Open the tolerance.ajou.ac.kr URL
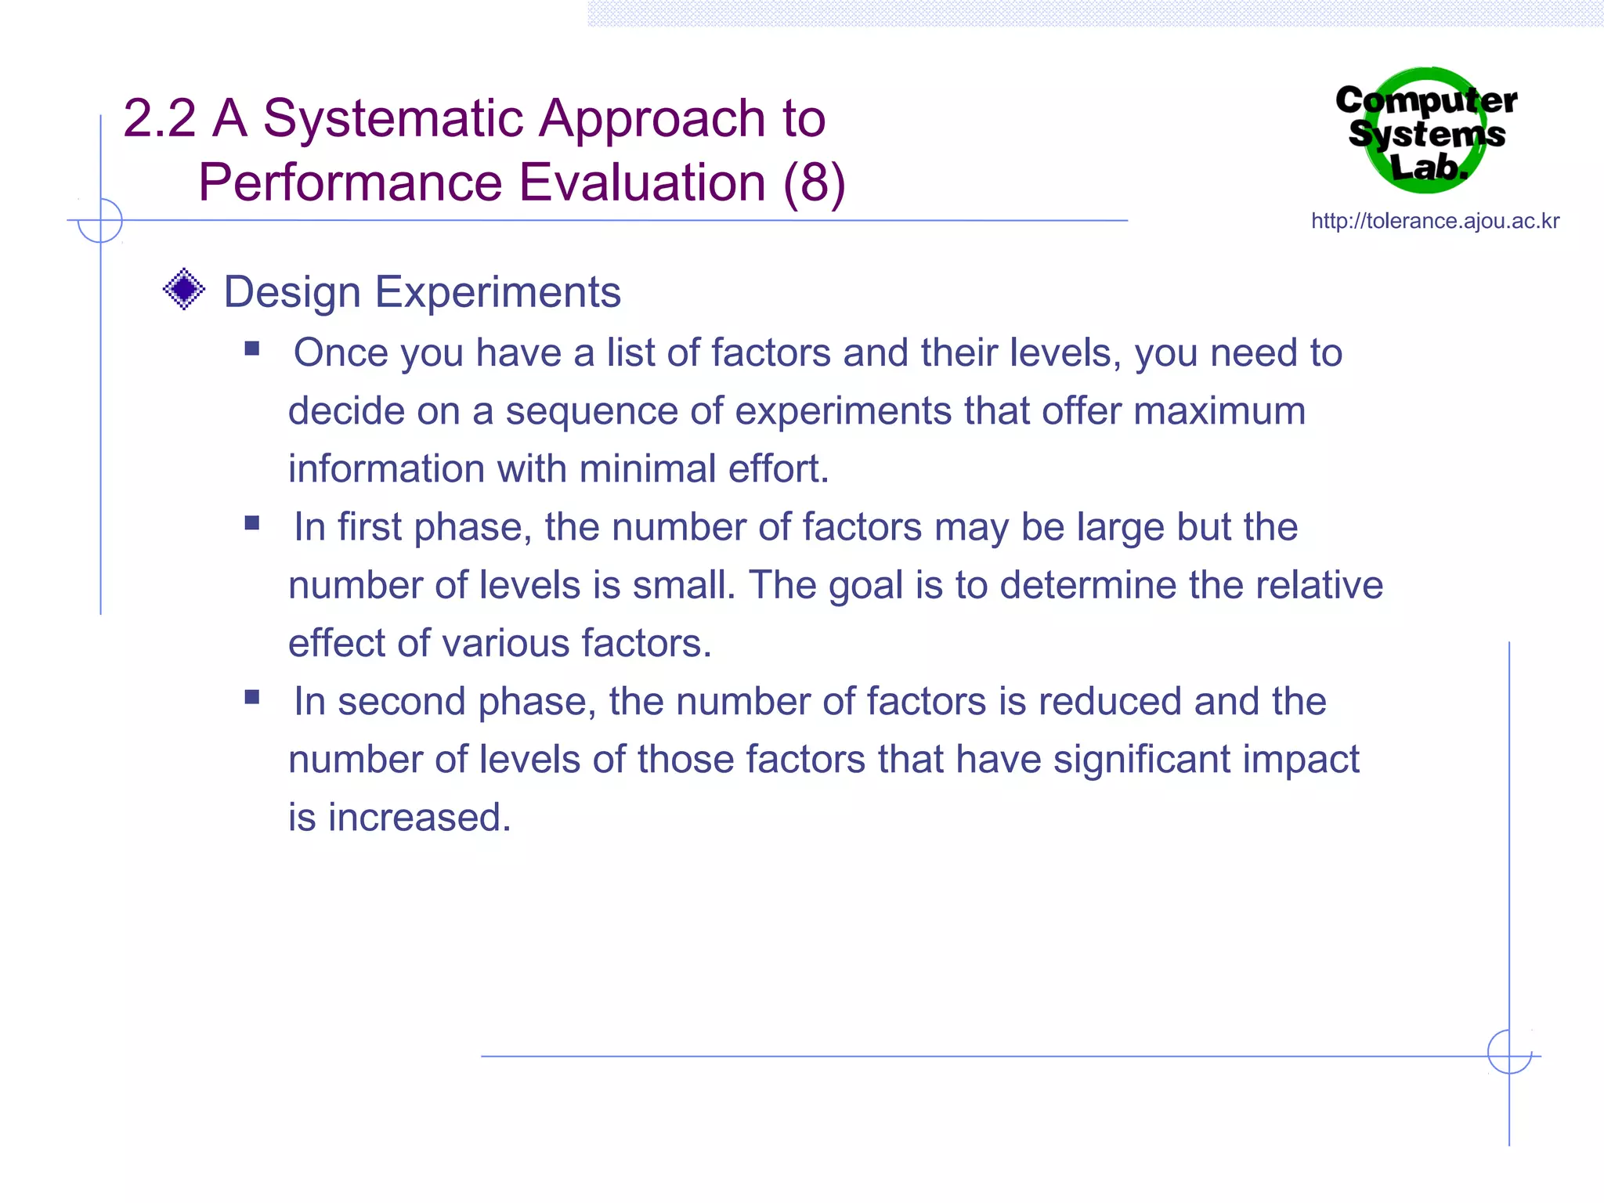(1435, 222)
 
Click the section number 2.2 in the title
(159, 119)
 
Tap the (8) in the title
(814, 183)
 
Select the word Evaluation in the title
(642, 183)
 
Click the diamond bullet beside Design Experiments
(184, 289)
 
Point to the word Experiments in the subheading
(497, 292)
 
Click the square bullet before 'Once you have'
(251, 349)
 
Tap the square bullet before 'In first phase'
(251, 522)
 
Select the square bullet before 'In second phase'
(251, 697)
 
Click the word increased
(419, 818)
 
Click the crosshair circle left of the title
(100, 221)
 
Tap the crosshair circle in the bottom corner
(1509, 1052)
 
